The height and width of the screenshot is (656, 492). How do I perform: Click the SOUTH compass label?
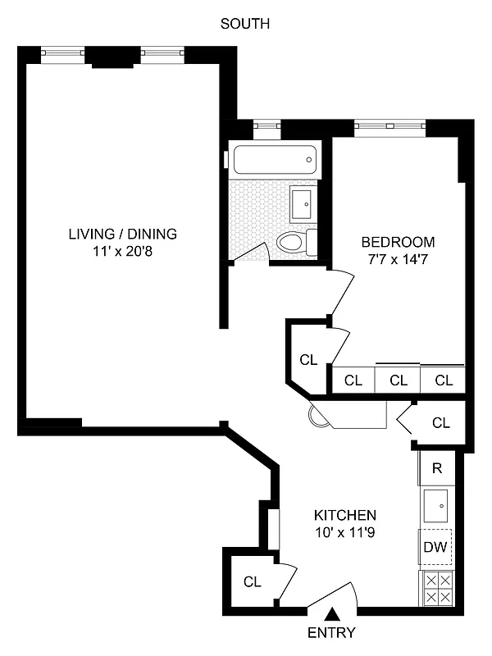click(245, 24)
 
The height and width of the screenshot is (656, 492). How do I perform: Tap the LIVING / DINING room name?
click(122, 234)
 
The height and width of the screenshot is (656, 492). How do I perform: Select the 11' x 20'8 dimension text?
click(122, 252)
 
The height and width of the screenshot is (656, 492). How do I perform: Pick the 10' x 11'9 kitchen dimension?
click(345, 533)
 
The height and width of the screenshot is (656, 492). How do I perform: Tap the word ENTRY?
click(331, 632)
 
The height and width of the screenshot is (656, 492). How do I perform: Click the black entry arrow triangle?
click(332, 613)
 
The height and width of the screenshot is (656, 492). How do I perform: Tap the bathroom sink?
click(302, 202)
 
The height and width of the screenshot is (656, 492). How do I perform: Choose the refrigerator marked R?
click(437, 469)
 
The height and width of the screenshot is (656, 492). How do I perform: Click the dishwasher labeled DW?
click(435, 548)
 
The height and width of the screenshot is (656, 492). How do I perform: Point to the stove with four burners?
click(435, 588)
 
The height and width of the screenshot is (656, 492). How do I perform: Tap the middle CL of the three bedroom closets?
click(399, 380)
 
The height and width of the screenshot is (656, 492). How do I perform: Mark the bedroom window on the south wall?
click(390, 126)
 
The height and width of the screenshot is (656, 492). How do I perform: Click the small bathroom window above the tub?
click(266, 125)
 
